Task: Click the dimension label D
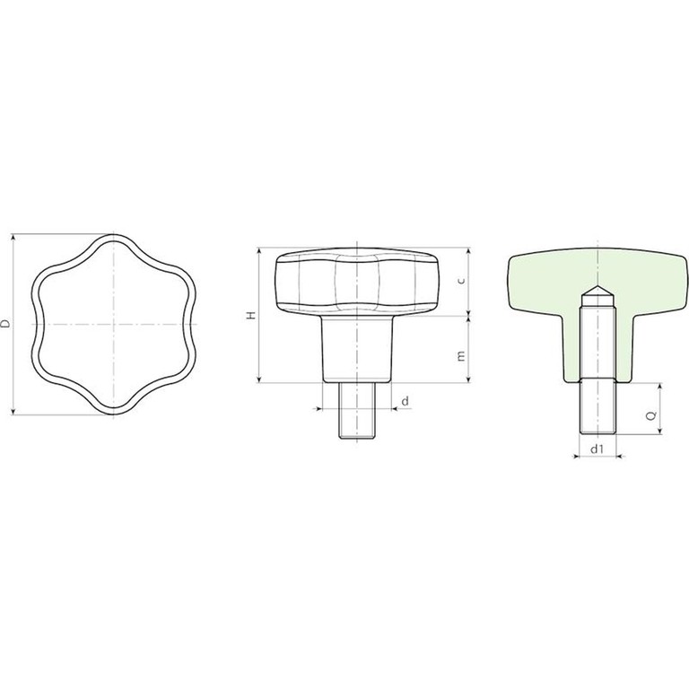5,324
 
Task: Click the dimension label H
251,315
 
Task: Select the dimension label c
461,281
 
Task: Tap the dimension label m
461,356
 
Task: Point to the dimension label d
406,401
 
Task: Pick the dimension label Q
652,414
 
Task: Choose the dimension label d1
597,449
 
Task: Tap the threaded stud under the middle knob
357,410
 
